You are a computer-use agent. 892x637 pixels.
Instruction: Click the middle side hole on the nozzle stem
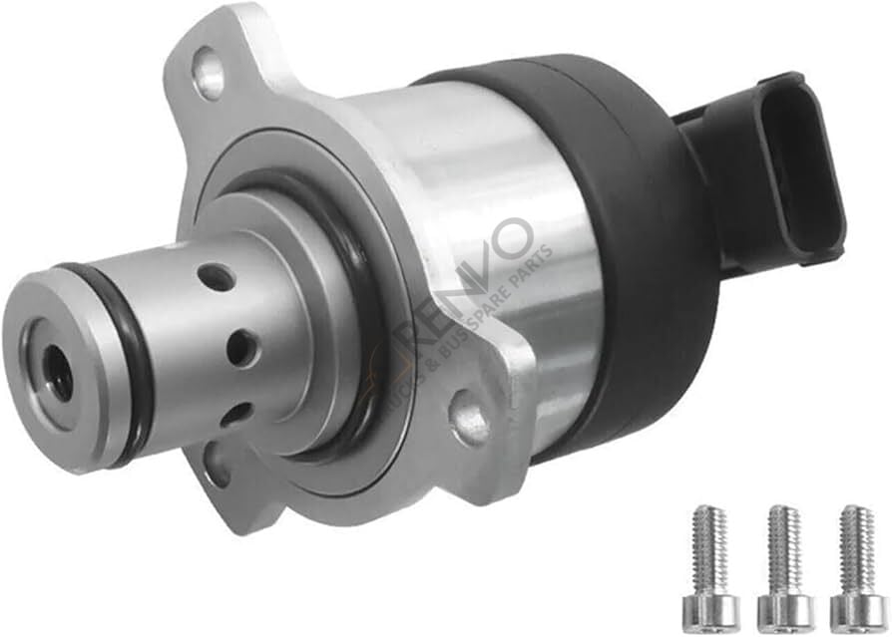(x=241, y=347)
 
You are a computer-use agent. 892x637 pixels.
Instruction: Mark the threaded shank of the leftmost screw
(x=709, y=543)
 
